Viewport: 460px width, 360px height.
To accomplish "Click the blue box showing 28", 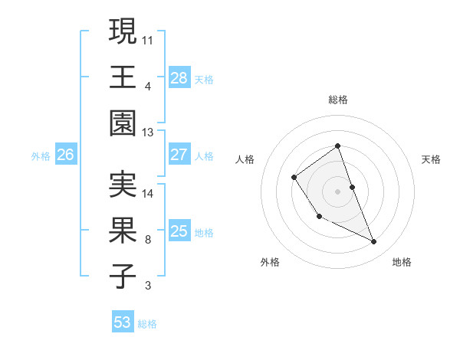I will click(x=179, y=77).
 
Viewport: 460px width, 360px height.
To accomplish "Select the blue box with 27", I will click(x=179, y=155).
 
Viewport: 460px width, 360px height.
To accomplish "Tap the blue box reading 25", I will click(x=179, y=231).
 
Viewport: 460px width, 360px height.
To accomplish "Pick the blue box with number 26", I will click(x=66, y=155).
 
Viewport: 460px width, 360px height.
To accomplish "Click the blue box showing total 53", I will click(x=123, y=322).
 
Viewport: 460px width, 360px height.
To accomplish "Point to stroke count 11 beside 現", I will click(x=149, y=38).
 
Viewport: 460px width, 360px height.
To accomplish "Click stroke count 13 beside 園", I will click(x=149, y=133).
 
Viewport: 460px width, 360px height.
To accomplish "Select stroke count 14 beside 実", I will click(x=149, y=193).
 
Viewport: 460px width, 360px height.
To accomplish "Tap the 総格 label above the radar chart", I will click(x=337, y=100).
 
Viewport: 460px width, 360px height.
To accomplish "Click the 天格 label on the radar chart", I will click(x=431, y=159).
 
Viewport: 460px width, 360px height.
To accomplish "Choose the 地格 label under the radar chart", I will click(x=402, y=262).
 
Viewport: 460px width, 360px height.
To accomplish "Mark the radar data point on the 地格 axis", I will click(x=374, y=242).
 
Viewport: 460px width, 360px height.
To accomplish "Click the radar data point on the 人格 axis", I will click(x=294, y=178).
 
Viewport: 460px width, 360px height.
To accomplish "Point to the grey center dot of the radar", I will click(x=337, y=191).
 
